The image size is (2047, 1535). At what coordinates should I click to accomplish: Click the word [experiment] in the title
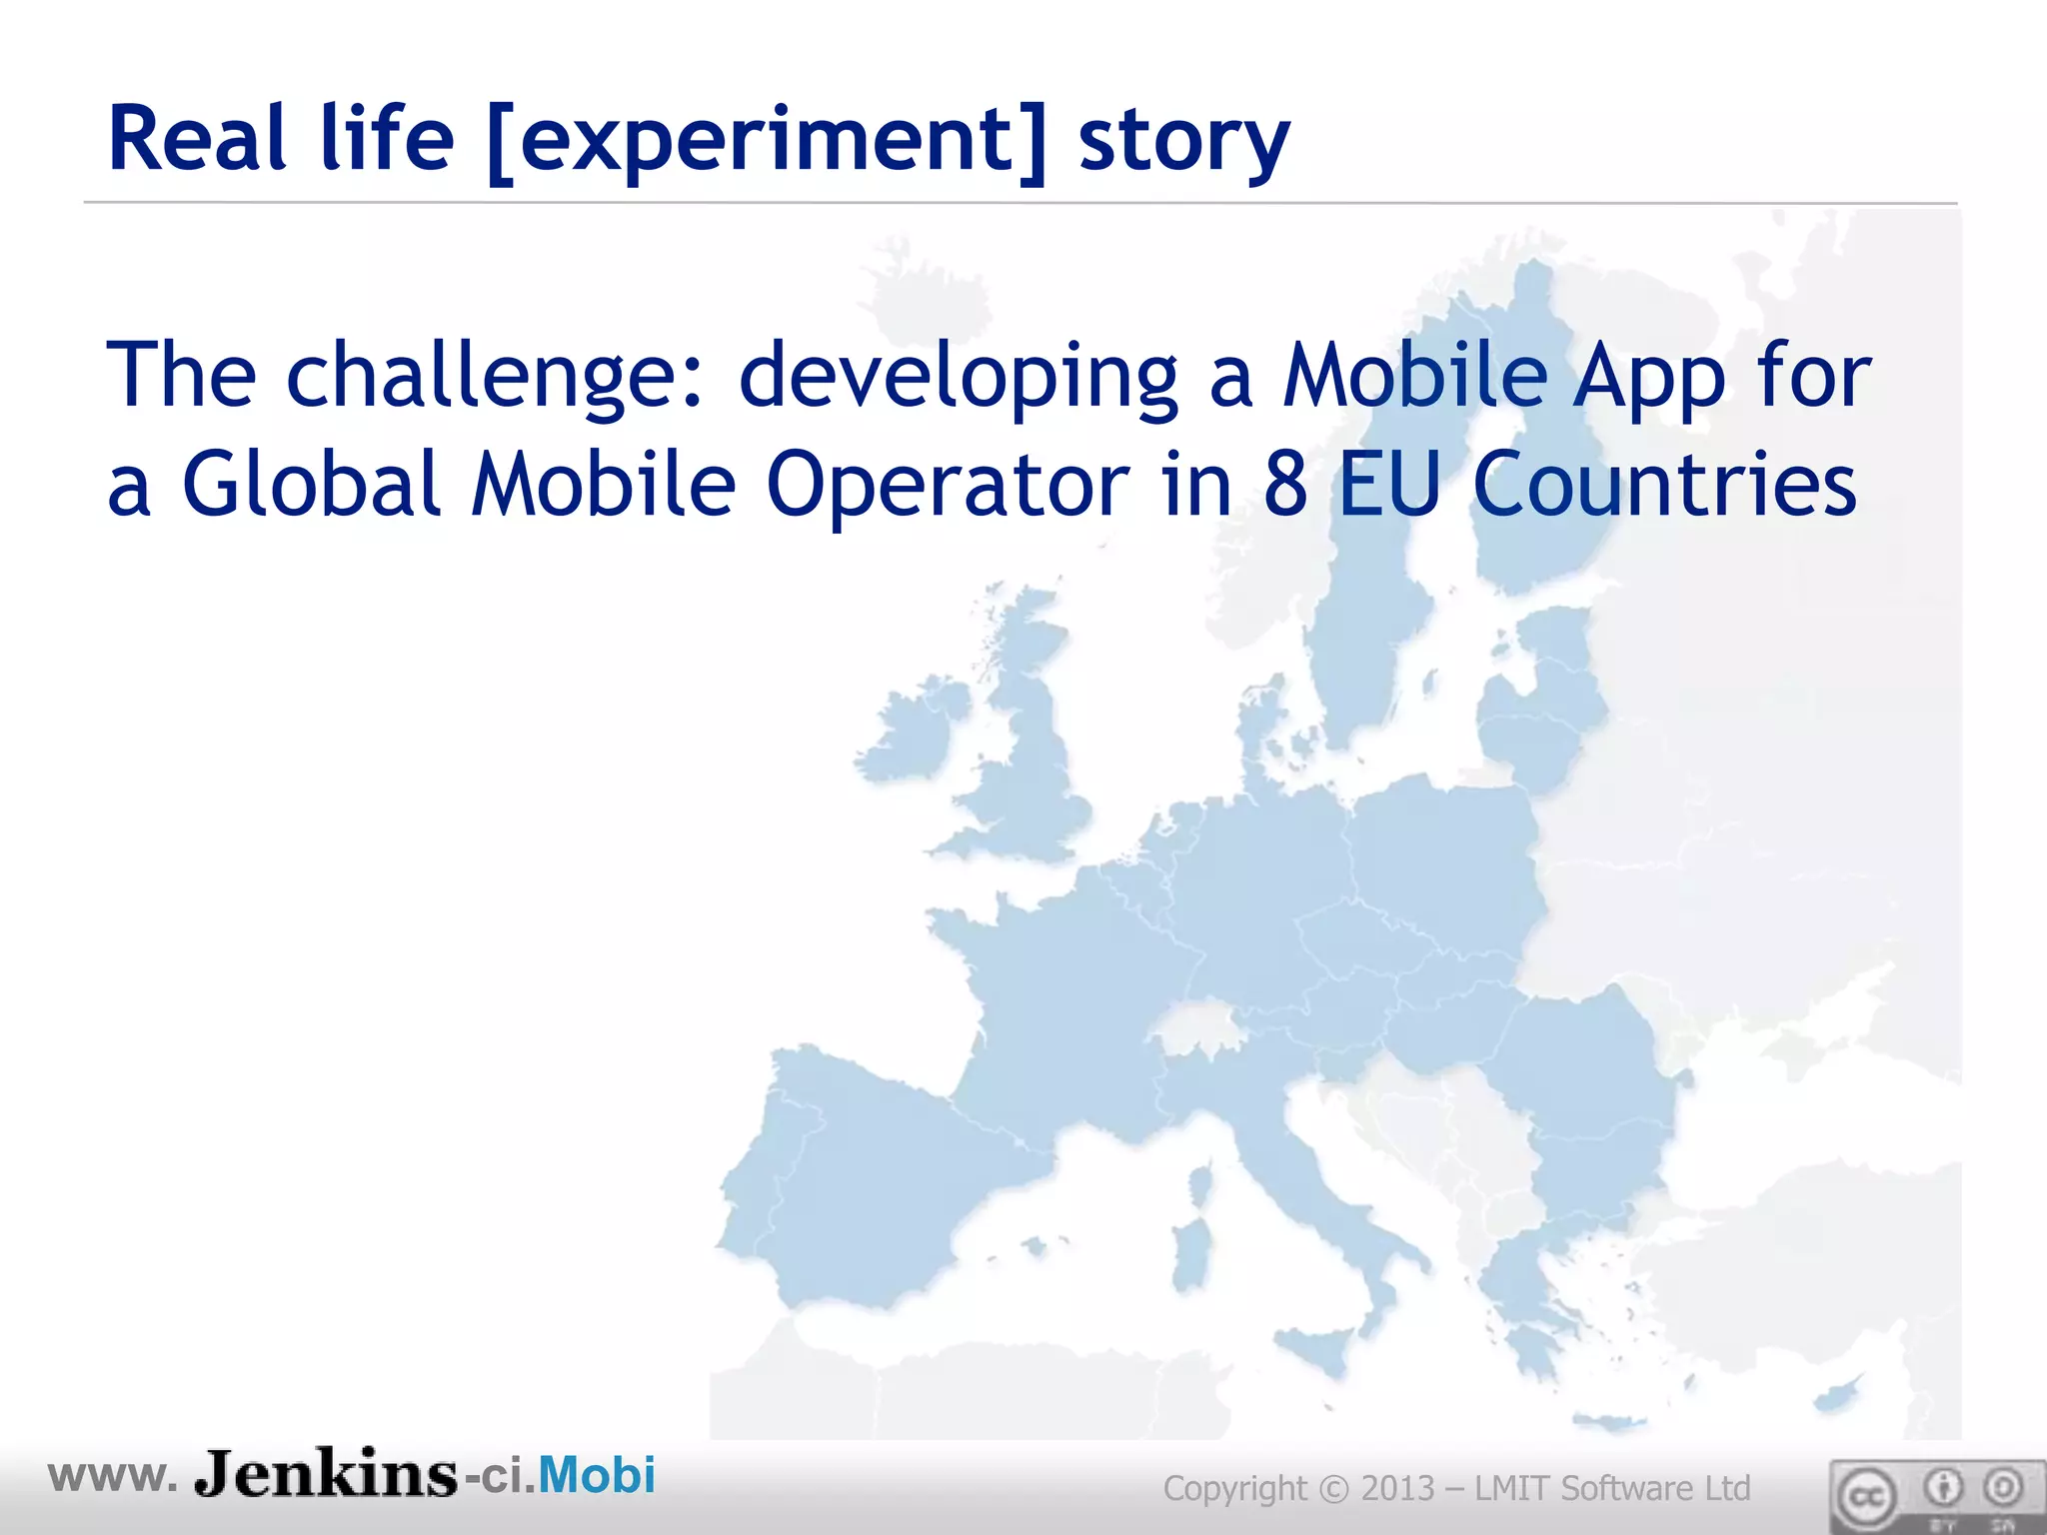(767, 141)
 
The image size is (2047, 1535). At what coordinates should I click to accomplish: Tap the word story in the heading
(1183, 141)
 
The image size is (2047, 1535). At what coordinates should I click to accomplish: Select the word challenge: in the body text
(496, 376)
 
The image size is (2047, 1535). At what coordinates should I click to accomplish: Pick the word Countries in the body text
(1664, 485)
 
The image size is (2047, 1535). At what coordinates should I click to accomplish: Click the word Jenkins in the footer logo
(326, 1474)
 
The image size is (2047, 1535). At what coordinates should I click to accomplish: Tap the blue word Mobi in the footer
(597, 1475)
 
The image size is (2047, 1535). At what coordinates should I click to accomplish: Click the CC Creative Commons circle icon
(1864, 1497)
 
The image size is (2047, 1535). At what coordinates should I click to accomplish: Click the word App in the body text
(1649, 378)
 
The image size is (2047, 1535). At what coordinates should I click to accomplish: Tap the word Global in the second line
(310, 485)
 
